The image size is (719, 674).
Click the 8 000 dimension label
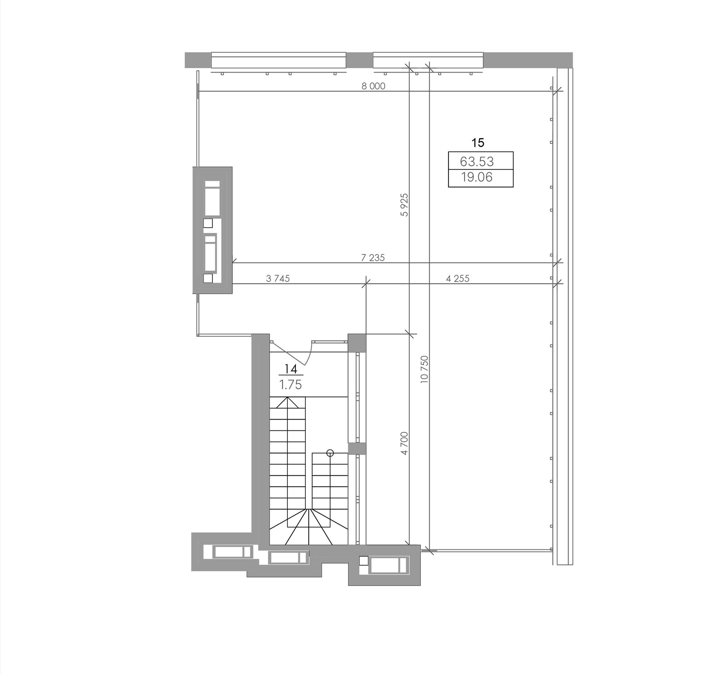pos(373,86)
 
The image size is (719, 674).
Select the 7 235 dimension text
pos(373,258)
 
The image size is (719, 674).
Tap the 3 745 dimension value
pos(278,279)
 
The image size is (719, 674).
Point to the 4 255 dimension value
pos(457,279)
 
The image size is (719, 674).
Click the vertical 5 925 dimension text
pos(404,205)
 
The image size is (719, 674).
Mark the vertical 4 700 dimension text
pos(404,443)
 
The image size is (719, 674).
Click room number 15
pos(478,143)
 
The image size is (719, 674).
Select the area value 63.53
pos(477,161)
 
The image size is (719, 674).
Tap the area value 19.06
pos(477,177)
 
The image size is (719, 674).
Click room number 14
pos(291,369)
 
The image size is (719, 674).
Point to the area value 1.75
pos(290,385)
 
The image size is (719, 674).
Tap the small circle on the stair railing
pos(330,453)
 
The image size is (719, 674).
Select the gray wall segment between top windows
pos(359,60)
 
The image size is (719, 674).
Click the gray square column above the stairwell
pos(357,343)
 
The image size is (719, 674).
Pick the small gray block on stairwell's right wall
pos(357,448)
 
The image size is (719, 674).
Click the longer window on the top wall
pos(278,60)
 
